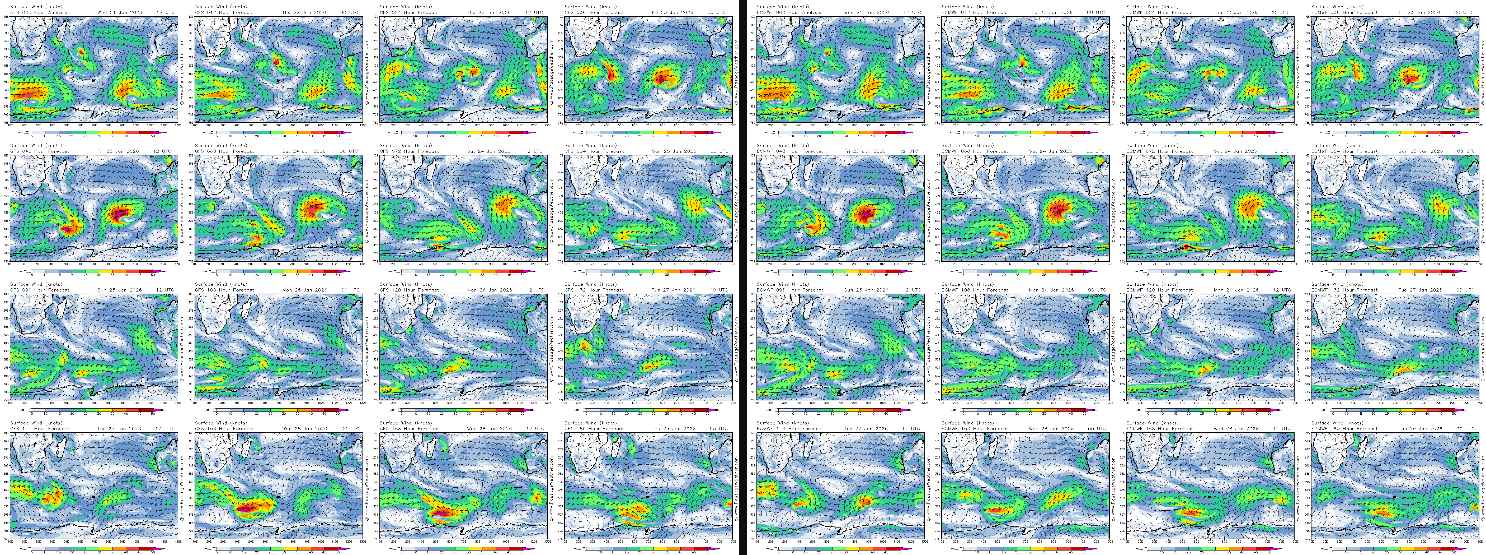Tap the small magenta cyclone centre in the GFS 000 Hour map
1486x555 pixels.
[x=81, y=51]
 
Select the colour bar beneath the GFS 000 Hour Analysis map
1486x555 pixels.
[x=92, y=132]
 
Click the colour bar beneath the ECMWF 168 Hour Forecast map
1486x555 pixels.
[x=1209, y=549]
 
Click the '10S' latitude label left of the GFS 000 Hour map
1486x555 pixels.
[x=6, y=17]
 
